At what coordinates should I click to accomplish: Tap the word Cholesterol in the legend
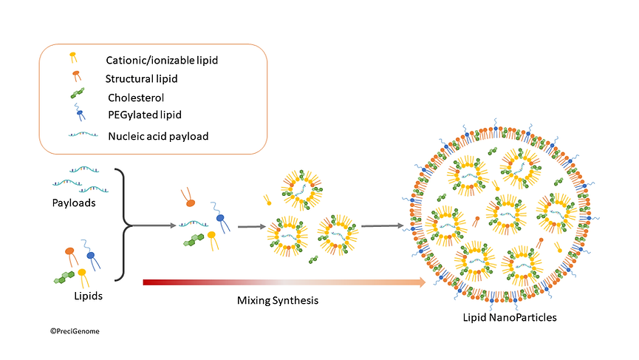(x=135, y=97)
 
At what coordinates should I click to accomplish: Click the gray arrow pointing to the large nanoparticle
(x=382, y=226)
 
